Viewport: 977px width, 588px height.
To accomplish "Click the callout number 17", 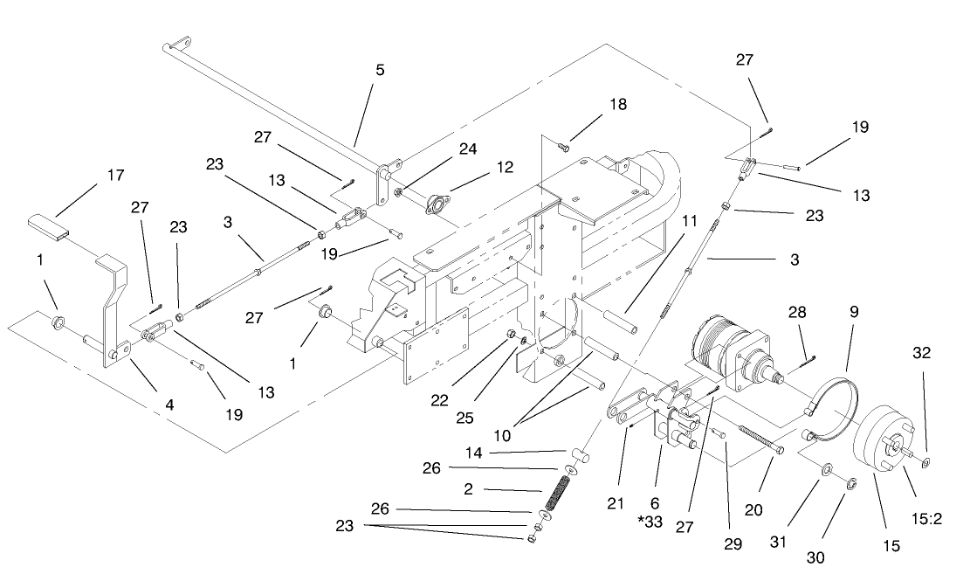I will pos(115,176).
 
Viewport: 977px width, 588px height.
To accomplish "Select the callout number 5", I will pos(380,70).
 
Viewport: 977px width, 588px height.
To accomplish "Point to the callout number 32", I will pos(922,354).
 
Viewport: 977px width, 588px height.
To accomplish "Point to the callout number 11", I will pos(691,222).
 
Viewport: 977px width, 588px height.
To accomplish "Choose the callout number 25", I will pos(464,418).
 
